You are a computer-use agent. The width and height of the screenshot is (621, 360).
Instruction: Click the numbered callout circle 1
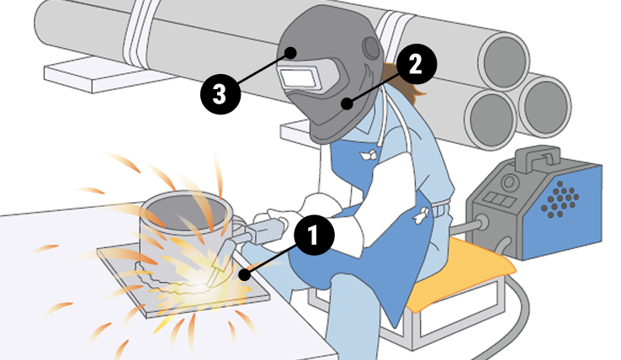[314, 235]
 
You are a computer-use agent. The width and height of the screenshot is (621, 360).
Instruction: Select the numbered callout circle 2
[417, 64]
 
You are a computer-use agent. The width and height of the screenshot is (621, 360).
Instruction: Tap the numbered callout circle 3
[220, 94]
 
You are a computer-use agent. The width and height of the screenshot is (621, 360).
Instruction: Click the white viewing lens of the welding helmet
[297, 77]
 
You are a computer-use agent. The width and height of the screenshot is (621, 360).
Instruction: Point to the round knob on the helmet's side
[371, 48]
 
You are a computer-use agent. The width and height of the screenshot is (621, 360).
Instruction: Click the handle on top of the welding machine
[538, 157]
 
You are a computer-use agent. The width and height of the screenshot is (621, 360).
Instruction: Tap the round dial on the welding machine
[510, 183]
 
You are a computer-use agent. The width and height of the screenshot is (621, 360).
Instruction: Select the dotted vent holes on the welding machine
[560, 199]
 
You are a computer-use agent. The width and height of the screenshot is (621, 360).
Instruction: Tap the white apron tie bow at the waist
[421, 214]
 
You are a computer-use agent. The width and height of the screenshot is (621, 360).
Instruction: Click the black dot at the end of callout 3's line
[291, 53]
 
